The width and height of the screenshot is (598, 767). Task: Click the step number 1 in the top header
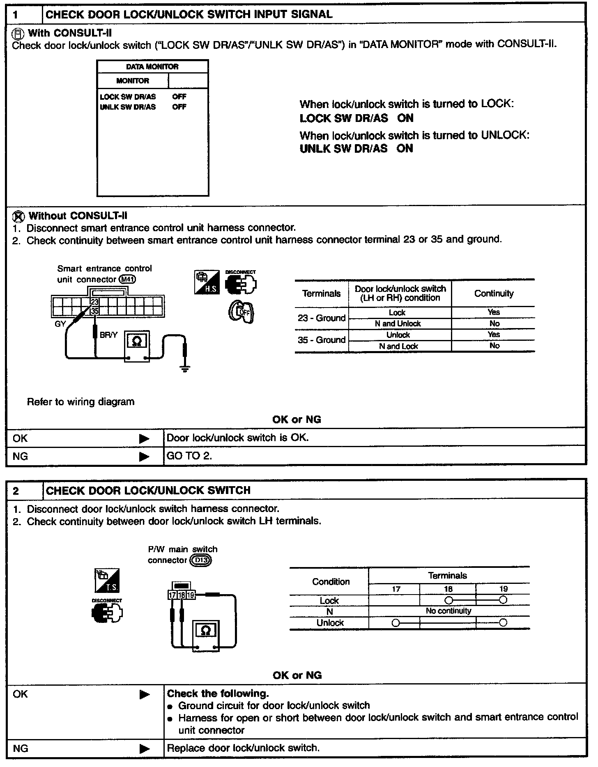16,15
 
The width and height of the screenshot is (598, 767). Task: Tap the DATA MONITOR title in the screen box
152,67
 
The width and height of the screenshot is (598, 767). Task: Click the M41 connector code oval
127,280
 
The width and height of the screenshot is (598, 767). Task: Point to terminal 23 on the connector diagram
95,302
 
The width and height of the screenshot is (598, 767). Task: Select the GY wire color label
60,324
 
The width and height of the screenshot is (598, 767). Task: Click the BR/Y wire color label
108,335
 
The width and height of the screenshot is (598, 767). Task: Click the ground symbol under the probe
185,368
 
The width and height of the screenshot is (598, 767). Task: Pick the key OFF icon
241,312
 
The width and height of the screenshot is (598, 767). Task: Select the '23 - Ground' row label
322,318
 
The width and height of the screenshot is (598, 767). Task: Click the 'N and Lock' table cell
398,346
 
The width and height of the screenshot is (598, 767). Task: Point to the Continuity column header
494,294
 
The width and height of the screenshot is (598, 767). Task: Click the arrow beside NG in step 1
144,456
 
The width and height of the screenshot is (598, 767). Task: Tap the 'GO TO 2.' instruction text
189,456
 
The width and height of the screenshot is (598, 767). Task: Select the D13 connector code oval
201,560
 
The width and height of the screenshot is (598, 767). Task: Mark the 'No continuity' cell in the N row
448,611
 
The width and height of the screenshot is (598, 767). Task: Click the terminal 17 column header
396,589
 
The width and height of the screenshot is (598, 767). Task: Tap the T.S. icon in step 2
107,581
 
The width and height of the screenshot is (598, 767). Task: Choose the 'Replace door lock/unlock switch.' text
243,748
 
